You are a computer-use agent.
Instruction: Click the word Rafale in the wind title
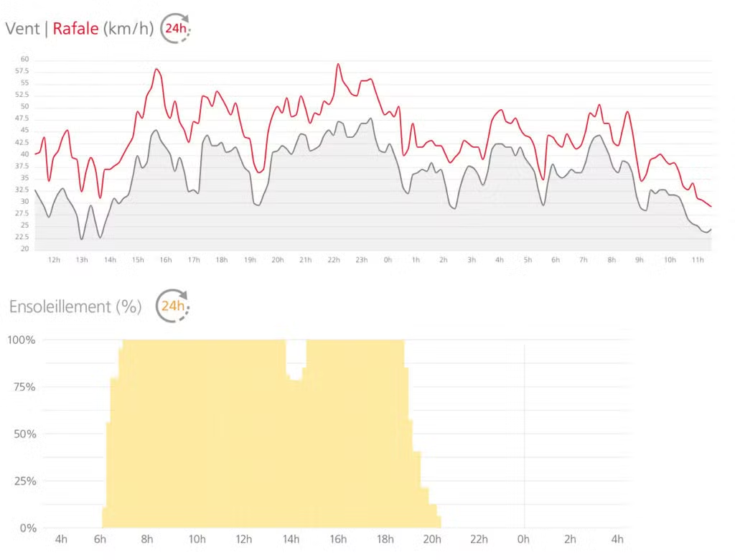pos(75,29)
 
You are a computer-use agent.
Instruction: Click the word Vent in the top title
pos(22,29)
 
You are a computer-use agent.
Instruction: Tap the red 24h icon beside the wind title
pos(174,29)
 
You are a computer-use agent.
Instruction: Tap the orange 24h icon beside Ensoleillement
pos(173,306)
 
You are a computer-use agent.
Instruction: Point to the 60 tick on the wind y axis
pos(24,60)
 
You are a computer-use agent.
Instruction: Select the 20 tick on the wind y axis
pos(24,249)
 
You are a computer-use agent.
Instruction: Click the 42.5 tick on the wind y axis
pos(22,143)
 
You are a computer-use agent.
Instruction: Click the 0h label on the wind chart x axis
pos(388,260)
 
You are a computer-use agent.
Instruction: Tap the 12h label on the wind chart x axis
pos(54,260)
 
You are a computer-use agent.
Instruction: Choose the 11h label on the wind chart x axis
pos(696,260)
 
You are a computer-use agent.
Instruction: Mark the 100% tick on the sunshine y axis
pos(22,340)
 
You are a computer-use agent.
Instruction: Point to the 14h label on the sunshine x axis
pos(291,540)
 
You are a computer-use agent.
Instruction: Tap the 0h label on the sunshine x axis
pos(524,540)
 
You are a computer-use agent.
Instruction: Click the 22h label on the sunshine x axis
pos(479,540)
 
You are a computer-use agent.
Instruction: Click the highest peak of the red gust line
pos(338,64)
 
